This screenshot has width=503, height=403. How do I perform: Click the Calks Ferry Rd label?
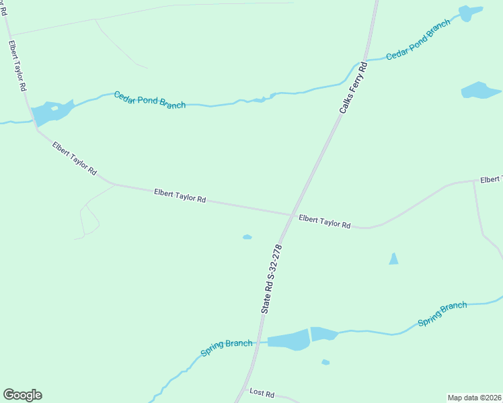(354, 87)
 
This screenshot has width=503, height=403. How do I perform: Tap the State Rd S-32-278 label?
(270, 279)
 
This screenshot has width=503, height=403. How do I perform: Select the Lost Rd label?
(262, 392)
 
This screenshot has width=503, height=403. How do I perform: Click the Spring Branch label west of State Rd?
(227, 348)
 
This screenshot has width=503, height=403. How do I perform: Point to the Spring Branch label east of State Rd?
(442, 314)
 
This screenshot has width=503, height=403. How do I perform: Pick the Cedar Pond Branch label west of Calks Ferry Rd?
(149, 100)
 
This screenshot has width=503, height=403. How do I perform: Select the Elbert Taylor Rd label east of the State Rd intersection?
(325, 222)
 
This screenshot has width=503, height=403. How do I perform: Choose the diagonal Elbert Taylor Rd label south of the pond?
(74, 159)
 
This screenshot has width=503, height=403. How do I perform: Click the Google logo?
(23, 395)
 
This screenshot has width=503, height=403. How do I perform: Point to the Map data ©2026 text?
(474, 397)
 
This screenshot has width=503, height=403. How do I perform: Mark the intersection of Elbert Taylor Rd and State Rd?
(291, 215)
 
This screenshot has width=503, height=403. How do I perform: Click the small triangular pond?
(393, 259)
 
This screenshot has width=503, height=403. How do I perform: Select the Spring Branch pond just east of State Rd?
(323, 334)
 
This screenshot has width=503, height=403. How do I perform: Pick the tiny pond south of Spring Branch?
(325, 362)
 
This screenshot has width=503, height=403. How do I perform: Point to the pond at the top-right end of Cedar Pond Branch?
(469, 13)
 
